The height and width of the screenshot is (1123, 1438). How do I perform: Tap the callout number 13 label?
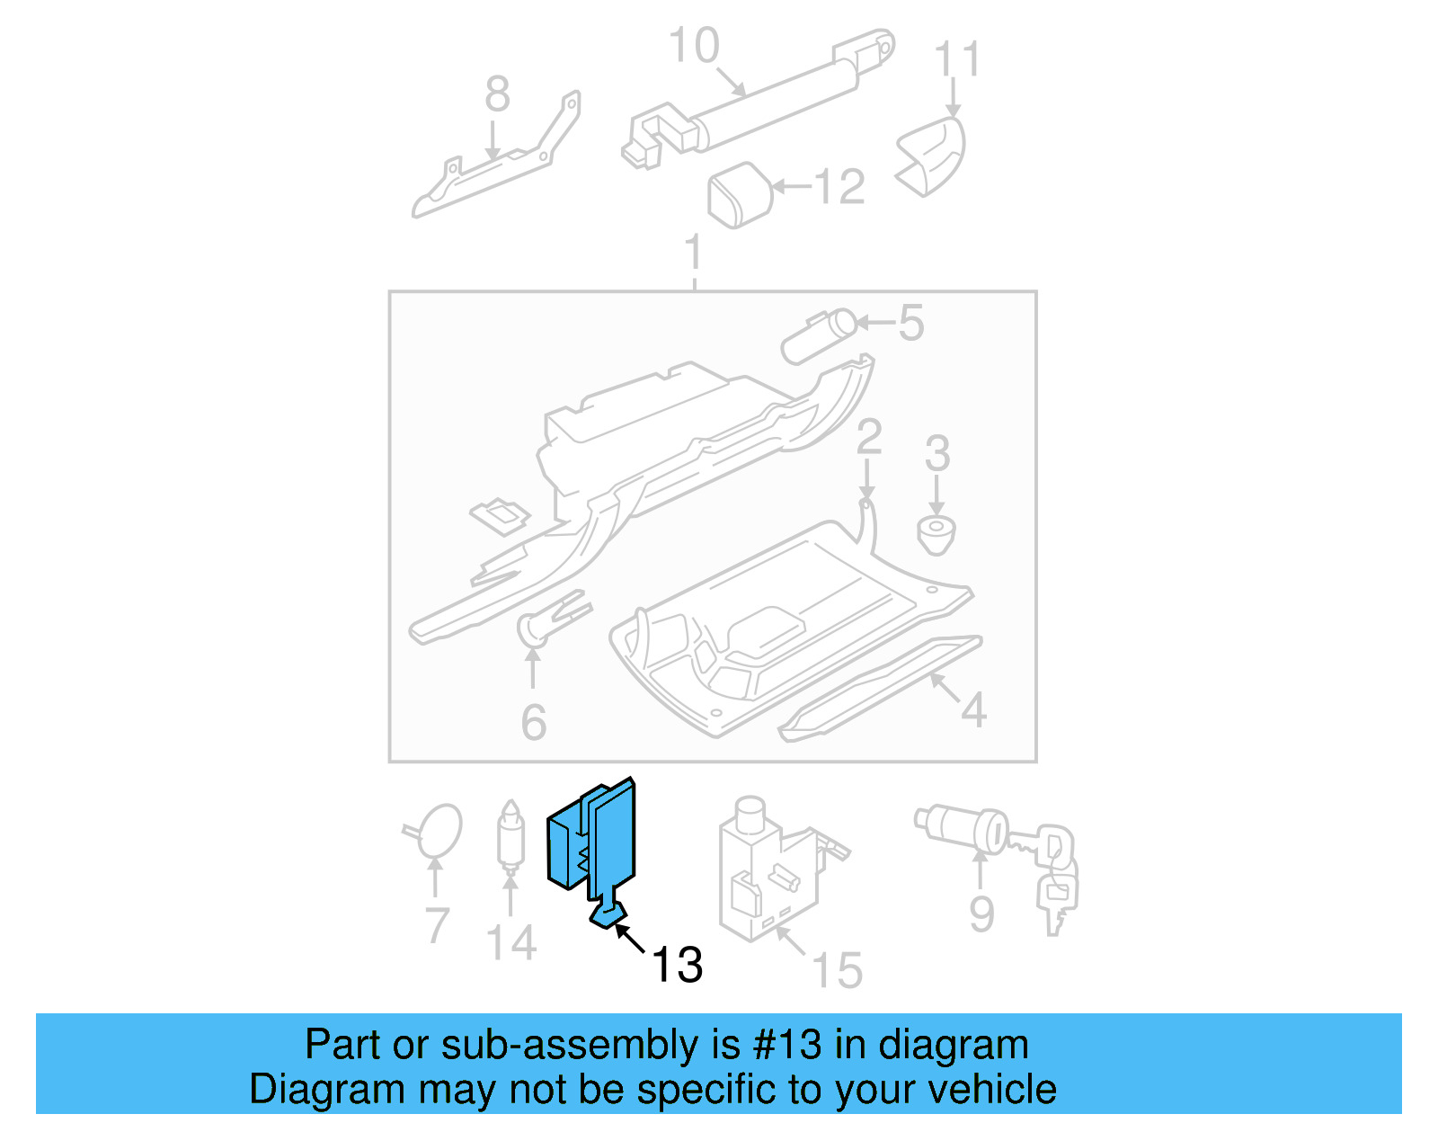coord(676,965)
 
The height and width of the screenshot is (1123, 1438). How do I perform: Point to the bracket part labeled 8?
coord(494,171)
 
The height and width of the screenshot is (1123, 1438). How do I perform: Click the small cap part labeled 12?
coord(741,194)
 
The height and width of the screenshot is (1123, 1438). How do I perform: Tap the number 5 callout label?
coord(910,323)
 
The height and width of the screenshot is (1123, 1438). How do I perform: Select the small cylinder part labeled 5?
coord(817,335)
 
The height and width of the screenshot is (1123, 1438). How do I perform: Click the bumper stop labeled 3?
coord(936,534)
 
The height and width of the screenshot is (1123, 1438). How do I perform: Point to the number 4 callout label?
coord(973,710)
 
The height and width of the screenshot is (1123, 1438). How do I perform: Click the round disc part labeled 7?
coord(439,829)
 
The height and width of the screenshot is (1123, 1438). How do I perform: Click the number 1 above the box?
coord(693,253)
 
